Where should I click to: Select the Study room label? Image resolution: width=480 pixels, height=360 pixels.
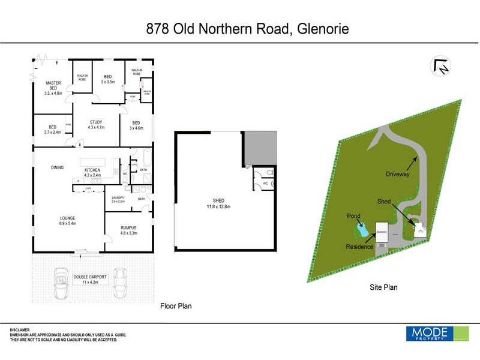tap(97, 124)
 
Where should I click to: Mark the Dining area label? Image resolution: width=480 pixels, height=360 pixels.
tap(57, 168)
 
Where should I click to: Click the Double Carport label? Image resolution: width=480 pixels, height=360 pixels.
tap(91, 279)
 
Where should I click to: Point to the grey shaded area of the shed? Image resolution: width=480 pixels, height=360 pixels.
tap(260, 149)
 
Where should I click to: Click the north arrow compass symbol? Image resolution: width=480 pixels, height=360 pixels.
tap(440, 67)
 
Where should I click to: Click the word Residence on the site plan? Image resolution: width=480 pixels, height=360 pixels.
tap(360, 247)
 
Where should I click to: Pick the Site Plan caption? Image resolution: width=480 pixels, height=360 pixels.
tap(383, 287)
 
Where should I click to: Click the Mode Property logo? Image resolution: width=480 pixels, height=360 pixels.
tap(437, 334)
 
